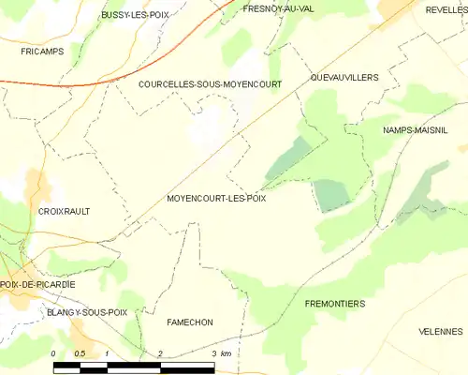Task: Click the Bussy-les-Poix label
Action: pyautogui.click(x=134, y=16)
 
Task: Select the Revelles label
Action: pyautogui.click(x=446, y=8)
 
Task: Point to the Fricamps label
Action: pyautogui.click(x=42, y=52)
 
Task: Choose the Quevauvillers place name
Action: pyautogui.click(x=344, y=78)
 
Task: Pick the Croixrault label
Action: pyautogui.click(x=65, y=212)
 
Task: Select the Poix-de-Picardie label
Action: pyautogui.click(x=37, y=284)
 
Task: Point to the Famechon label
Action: pyautogui.click(x=190, y=322)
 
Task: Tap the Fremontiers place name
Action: pyautogui.click(x=335, y=305)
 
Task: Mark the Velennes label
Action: pyautogui.click(x=440, y=332)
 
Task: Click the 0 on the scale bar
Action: pyautogui.click(x=54, y=352)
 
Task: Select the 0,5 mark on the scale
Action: pyautogui.click(x=80, y=352)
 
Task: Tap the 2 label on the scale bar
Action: pyautogui.click(x=161, y=352)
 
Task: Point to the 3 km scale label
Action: pyautogui.click(x=221, y=352)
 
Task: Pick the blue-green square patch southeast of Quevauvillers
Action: pyautogui.click(x=330, y=194)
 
